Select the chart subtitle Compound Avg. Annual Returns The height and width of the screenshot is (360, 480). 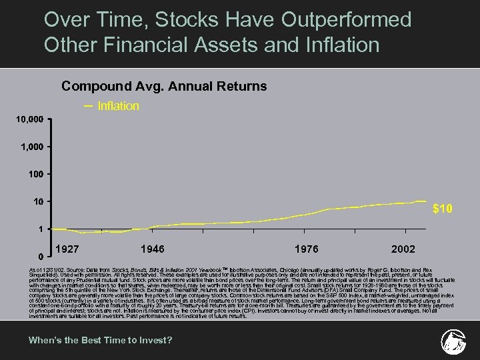tap(164, 86)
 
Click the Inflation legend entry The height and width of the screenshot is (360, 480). tap(118, 106)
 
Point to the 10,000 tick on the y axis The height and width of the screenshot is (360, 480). tap(30, 119)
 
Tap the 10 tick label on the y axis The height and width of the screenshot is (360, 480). tap(39, 201)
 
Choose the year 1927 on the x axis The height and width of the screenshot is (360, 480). tap(69, 249)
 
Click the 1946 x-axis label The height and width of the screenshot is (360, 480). tap(154, 249)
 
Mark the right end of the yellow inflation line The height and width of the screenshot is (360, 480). tap(425, 201)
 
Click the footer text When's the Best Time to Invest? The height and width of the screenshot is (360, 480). tap(100, 341)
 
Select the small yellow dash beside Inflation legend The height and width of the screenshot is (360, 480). tap(89, 105)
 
